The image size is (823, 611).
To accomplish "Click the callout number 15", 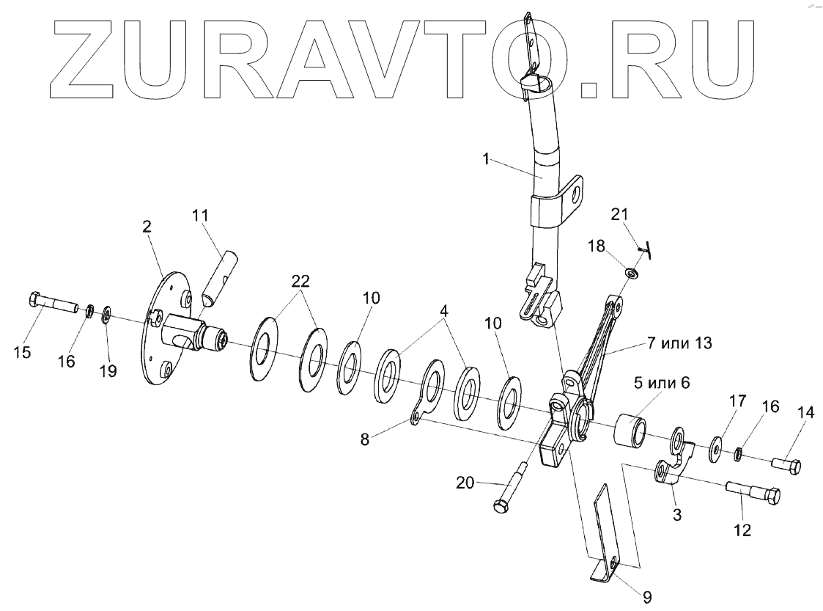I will (22, 353).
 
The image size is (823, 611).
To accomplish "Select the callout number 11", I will (200, 216).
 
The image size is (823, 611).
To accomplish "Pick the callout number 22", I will (300, 281).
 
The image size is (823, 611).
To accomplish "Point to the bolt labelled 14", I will (786, 464).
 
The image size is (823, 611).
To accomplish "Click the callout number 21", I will (620, 213).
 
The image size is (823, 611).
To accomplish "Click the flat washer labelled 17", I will (714, 447).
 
